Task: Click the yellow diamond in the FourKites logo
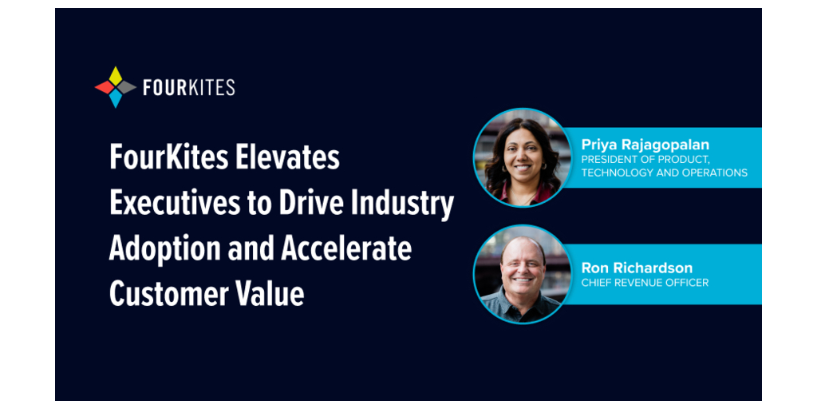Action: (x=116, y=76)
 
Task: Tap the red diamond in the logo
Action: (x=105, y=87)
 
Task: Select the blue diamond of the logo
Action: (x=116, y=98)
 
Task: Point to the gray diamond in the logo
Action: (x=127, y=87)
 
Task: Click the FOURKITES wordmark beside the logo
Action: (x=188, y=88)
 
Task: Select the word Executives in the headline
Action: (x=165, y=204)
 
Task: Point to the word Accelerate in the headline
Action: (x=346, y=249)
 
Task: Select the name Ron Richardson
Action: (x=637, y=268)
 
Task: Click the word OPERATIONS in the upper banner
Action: (x=711, y=173)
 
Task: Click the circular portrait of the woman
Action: (x=523, y=157)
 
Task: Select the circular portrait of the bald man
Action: (x=523, y=275)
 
